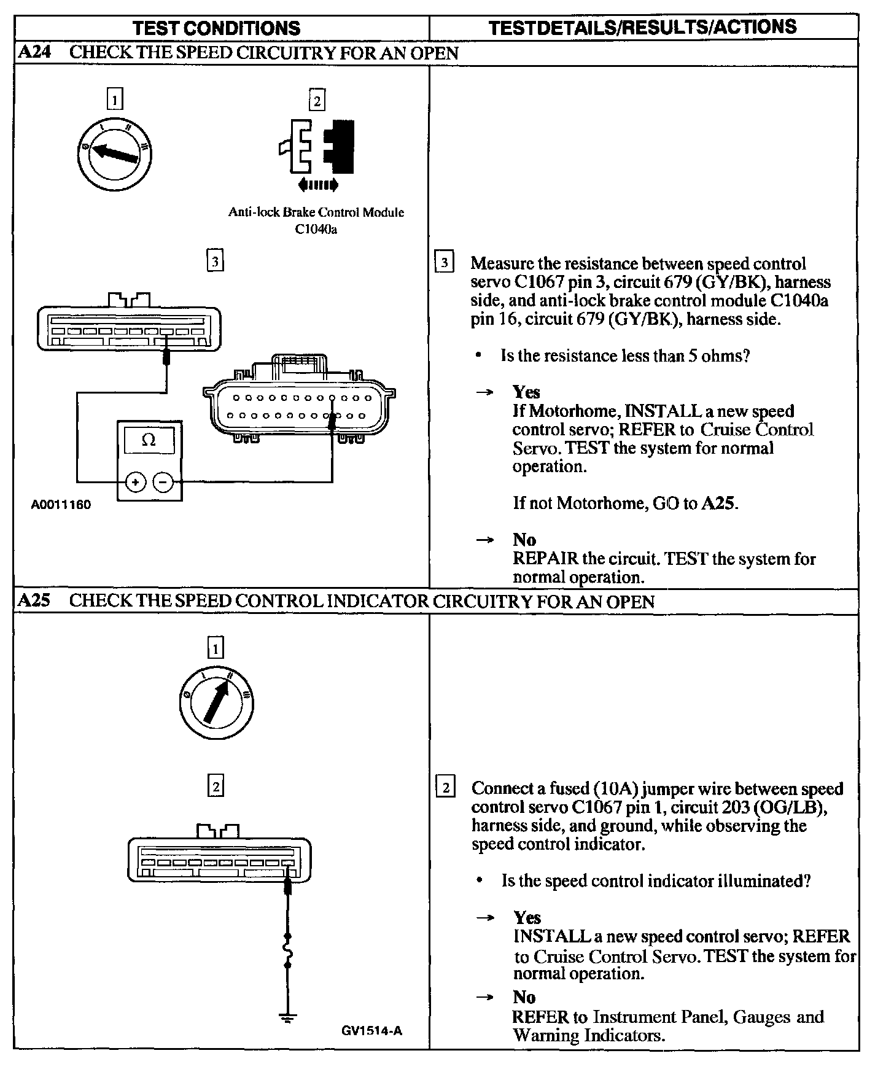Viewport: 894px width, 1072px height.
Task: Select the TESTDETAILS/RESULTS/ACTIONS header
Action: pos(642,27)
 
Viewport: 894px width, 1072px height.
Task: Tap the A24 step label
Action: pos(34,53)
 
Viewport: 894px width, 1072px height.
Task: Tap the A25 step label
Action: pos(34,600)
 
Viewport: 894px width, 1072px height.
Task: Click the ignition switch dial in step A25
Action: pos(216,704)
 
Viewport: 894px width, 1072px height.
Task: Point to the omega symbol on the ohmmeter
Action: pos(149,440)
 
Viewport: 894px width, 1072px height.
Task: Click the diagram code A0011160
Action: pos(61,505)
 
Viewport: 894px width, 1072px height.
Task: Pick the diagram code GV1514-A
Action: pos(371,1031)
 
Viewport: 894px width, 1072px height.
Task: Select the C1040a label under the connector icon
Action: pos(316,230)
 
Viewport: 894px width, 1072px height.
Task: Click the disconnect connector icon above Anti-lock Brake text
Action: pos(317,147)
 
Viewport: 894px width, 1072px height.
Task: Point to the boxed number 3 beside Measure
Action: pos(444,263)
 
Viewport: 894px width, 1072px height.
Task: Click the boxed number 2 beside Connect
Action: pos(445,788)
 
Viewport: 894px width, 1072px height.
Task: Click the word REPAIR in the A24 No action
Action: pos(545,559)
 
